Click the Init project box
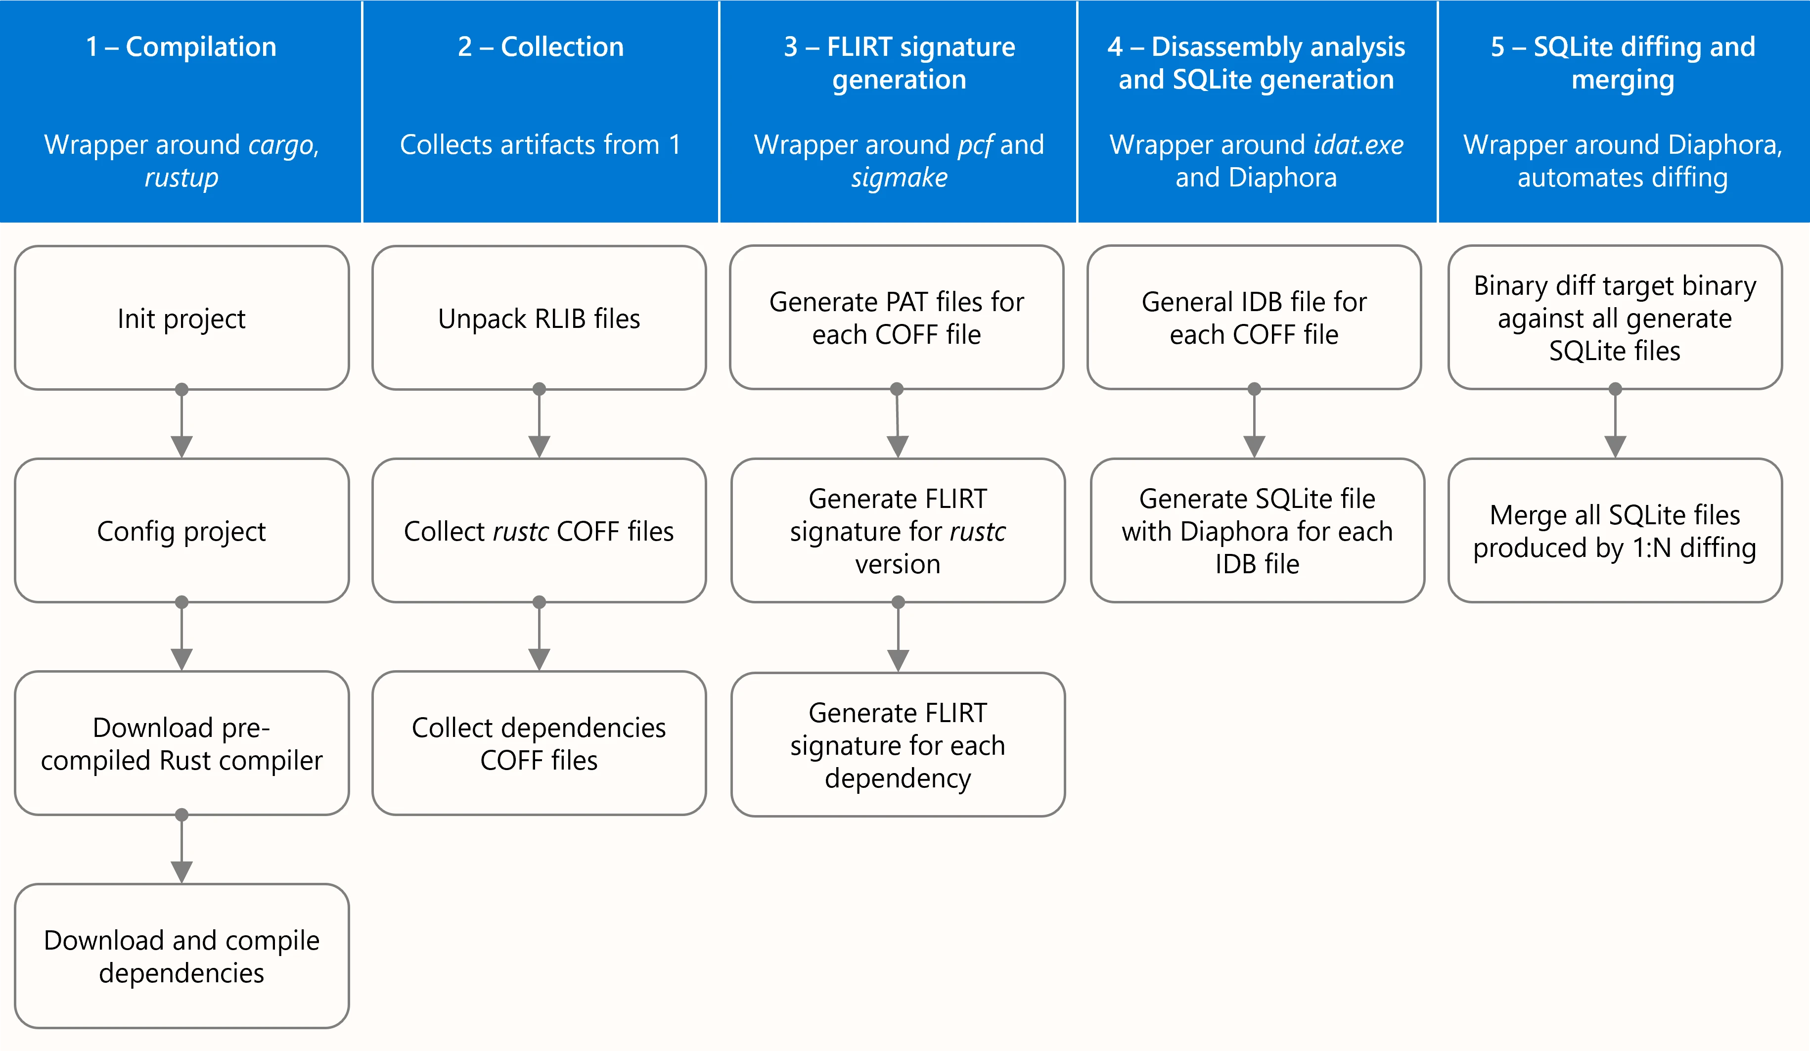[181, 318]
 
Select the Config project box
[181, 531]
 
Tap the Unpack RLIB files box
[539, 318]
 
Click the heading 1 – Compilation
[181, 46]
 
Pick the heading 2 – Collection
[540, 46]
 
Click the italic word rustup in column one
[181, 178]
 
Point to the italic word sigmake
[899, 178]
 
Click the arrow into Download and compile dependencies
[181, 851]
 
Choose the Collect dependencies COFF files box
[539, 743]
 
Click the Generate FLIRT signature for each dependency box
[898, 745]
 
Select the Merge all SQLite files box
[1615, 531]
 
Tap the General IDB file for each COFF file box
[1254, 318]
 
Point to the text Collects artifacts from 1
[540, 145]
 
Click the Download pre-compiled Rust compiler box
[181, 743]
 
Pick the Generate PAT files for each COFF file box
[897, 318]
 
